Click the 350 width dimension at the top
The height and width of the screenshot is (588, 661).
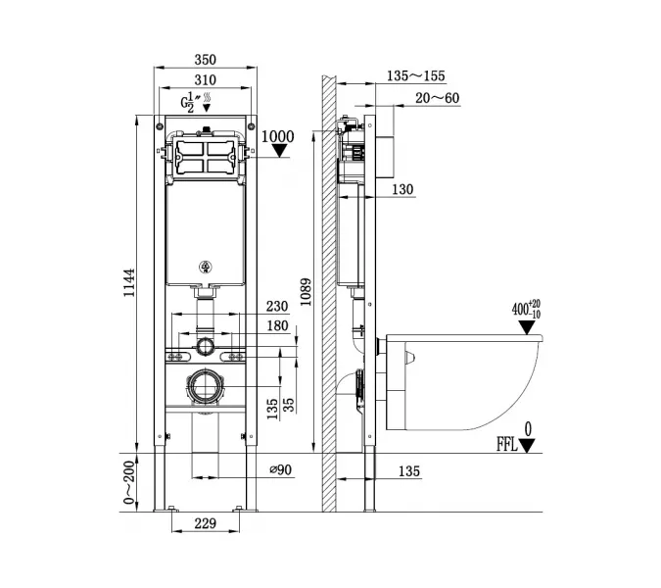click(x=204, y=59)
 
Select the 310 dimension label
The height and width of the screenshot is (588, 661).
click(x=204, y=79)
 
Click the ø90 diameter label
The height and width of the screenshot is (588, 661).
click(x=282, y=470)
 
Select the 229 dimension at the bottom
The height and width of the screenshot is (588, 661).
click(x=204, y=524)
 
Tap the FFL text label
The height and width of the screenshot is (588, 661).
click(x=507, y=444)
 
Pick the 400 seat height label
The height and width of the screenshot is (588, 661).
click(x=521, y=310)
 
